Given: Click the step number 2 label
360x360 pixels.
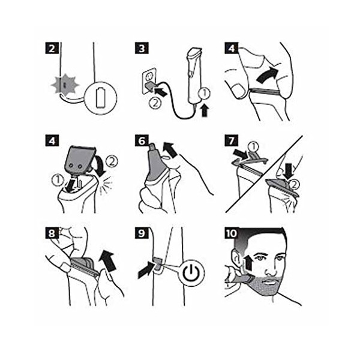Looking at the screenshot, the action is click(x=52, y=48).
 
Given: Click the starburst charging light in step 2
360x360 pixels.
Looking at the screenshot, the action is click(x=65, y=85).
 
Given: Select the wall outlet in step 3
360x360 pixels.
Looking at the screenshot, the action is click(x=149, y=82).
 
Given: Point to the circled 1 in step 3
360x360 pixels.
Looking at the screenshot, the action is click(x=205, y=94).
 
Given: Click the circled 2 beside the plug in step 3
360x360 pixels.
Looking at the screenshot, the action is click(x=155, y=104).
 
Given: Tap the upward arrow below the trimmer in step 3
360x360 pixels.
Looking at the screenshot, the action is click(x=205, y=110).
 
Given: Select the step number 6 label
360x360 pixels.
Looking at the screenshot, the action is click(x=142, y=140).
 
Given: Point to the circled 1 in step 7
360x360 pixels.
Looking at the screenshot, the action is click(x=254, y=147).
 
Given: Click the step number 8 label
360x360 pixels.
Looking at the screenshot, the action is click(x=52, y=233).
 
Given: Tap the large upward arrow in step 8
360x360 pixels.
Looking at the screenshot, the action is click(x=107, y=260).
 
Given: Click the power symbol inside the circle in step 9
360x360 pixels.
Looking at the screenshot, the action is click(x=191, y=273).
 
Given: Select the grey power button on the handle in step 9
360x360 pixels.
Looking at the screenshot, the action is click(x=157, y=263).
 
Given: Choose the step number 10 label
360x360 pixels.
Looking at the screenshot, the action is click(x=231, y=233).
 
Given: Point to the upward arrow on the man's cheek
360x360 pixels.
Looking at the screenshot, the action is click(x=248, y=263).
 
